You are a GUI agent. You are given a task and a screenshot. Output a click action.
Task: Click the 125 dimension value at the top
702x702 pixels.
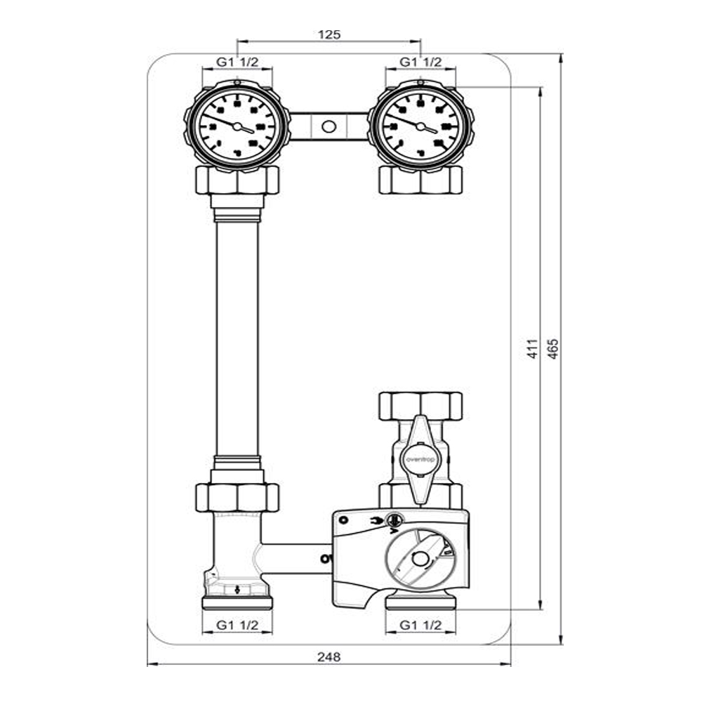pyautogui.click(x=329, y=34)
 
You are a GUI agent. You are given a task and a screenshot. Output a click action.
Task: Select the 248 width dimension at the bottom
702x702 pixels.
pyautogui.click(x=329, y=657)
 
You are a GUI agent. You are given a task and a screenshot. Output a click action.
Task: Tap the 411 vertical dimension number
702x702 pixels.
pyautogui.click(x=532, y=349)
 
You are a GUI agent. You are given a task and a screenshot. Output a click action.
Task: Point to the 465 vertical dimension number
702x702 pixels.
pyautogui.click(x=552, y=349)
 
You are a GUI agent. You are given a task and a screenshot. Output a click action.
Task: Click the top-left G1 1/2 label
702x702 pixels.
pyautogui.click(x=237, y=62)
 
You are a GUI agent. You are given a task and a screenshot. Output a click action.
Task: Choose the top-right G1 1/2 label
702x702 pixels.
pyautogui.click(x=420, y=62)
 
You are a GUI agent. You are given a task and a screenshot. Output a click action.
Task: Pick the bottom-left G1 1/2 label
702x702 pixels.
pyautogui.click(x=237, y=624)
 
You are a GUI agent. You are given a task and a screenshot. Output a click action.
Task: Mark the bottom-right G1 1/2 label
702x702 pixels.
pyautogui.click(x=420, y=624)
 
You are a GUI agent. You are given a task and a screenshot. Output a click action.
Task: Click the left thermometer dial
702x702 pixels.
pyautogui.click(x=237, y=127)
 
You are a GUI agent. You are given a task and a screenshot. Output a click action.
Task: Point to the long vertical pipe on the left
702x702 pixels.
pyautogui.click(x=237, y=337)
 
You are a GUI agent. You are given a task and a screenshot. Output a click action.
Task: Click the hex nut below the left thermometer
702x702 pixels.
pyautogui.click(x=237, y=180)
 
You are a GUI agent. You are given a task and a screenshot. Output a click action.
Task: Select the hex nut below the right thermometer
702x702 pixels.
pyautogui.click(x=420, y=180)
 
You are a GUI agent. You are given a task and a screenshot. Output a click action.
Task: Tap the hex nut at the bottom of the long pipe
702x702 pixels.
pyautogui.click(x=237, y=497)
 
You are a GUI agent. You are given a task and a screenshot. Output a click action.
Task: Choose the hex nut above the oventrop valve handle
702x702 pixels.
pyautogui.click(x=420, y=406)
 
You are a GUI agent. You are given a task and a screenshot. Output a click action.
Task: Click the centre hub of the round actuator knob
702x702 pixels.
pyautogui.click(x=420, y=560)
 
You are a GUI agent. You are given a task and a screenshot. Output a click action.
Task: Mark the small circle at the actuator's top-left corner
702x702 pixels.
pyautogui.click(x=343, y=519)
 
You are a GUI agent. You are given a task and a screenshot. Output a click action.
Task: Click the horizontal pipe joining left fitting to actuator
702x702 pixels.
pyautogui.click(x=295, y=555)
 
